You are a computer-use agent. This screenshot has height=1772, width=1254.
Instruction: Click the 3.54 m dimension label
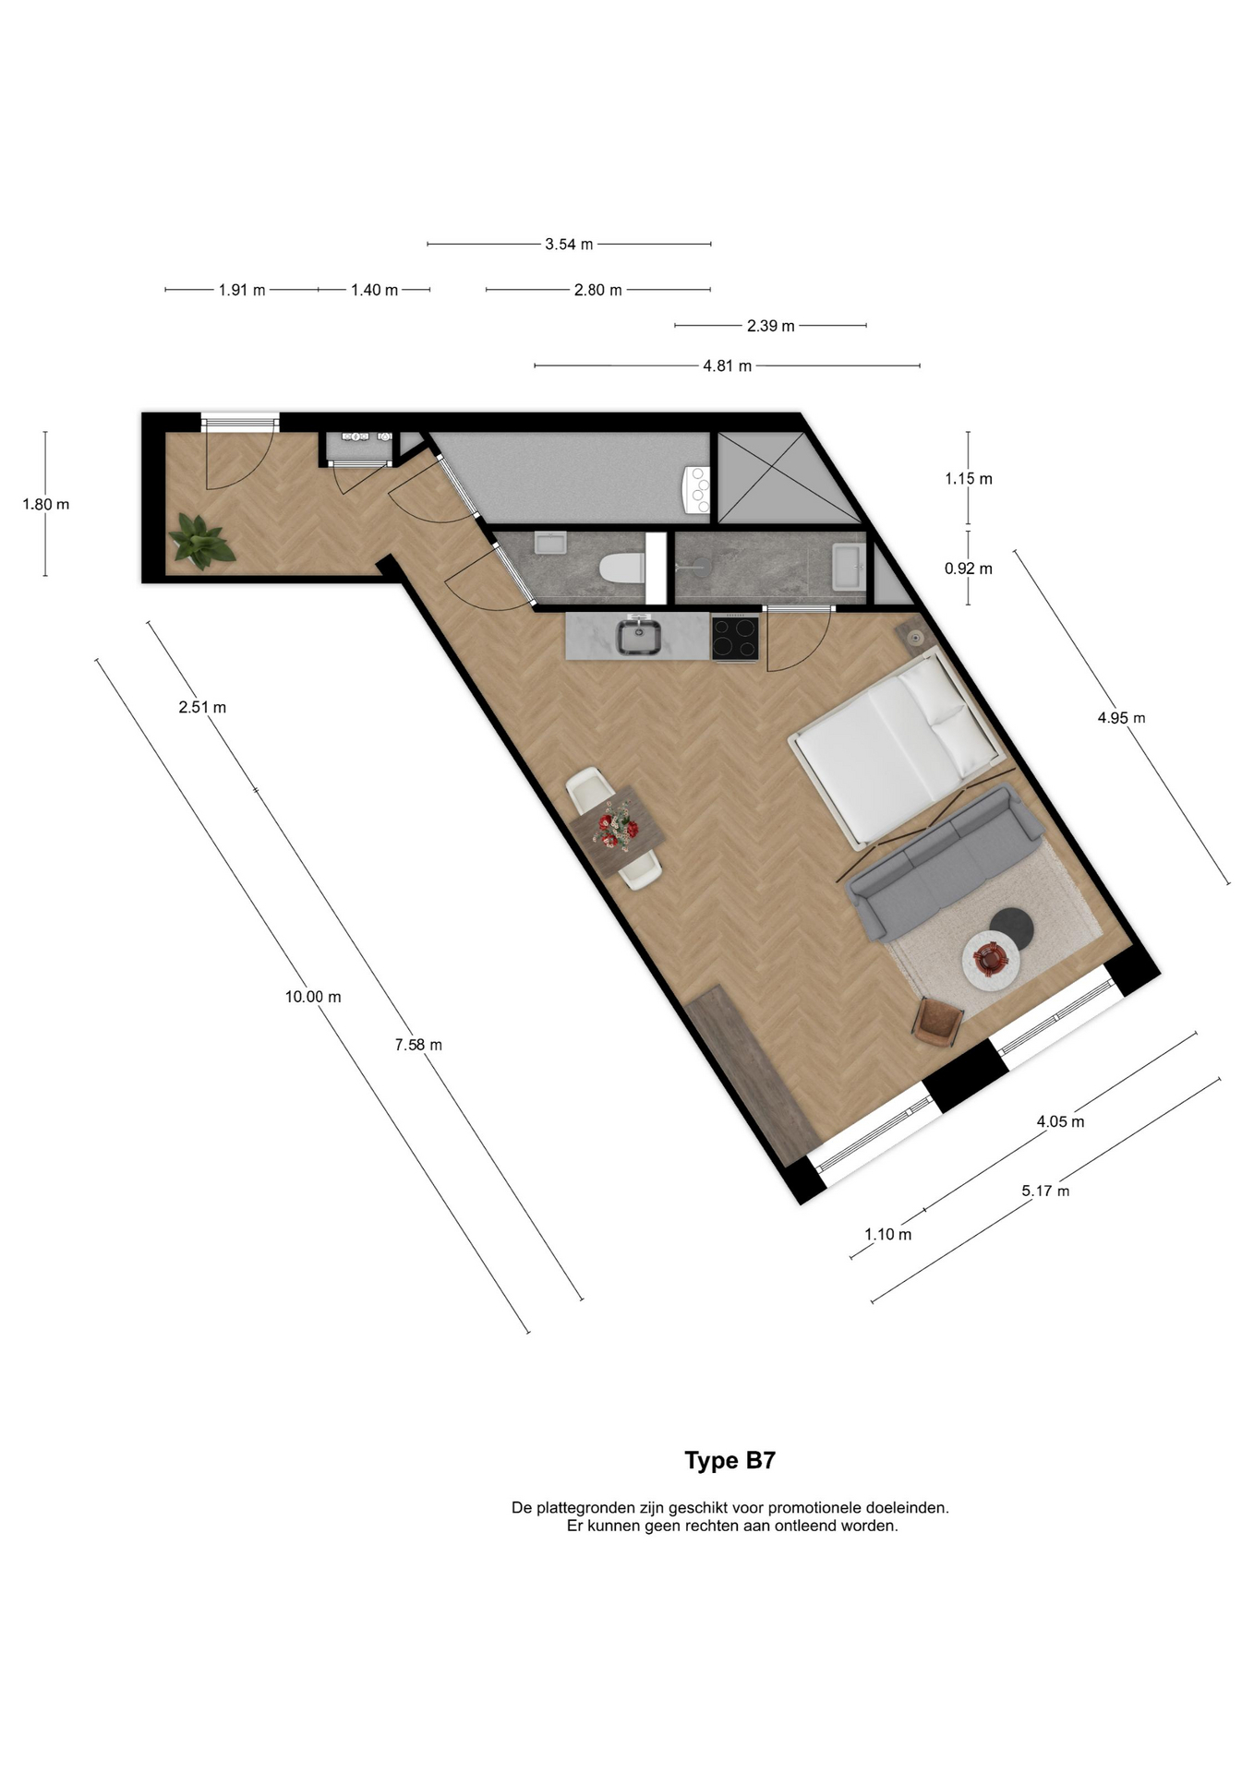pyautogui.click(x=569, y=245)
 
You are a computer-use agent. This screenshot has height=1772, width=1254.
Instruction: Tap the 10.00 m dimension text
pyautogui.click(x=313, y=997)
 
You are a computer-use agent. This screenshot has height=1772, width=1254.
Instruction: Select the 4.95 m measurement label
pyautogui.click(x=1121, y=718)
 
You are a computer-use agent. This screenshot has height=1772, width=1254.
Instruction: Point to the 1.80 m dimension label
pyautogui.click(x=46, y=505)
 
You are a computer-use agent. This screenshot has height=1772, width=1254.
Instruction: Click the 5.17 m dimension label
pyautogui.click(x=1045, y=1191)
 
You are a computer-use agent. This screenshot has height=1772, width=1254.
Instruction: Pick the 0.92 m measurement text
pyautogui.click(x=968, y=569)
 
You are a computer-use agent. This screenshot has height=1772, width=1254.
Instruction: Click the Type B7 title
pyautogui.click(x=729, y=1461)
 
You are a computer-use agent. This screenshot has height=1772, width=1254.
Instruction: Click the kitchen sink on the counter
pyautogui.click(x=638, y=637)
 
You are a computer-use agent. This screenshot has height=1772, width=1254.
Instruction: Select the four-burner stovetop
pyautogui.click(x=735, y=638)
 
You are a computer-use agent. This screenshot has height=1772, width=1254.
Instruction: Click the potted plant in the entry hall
pyautogui.click(x=199, y=542)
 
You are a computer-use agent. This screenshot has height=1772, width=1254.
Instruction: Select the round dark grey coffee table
pyautogui.click(x=1010, y=926)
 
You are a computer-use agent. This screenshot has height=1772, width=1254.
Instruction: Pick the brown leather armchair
pyautogui.click(x=938, y=1023)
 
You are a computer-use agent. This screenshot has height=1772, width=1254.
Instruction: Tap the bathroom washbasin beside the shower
pyautogui.click(x=847, y=566)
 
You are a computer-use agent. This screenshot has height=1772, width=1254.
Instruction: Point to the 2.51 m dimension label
pyautogui.click(x=202, y=708)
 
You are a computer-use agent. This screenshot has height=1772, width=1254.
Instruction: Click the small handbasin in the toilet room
pyautogui.click(x=550, y=544)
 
